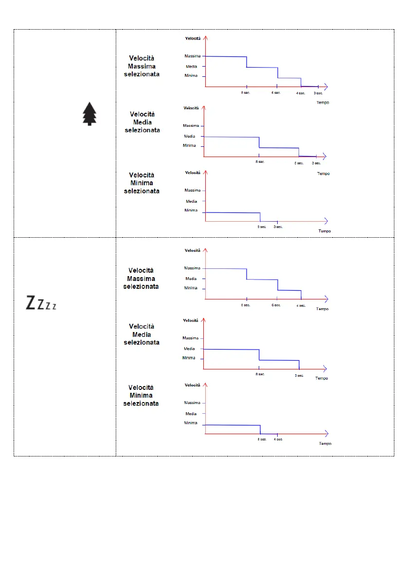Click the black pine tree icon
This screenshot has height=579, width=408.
click(x=89, y=114)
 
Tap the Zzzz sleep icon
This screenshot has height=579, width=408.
click(x=41, y=303)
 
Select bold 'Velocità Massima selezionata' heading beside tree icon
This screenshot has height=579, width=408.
click(x=142, y=66)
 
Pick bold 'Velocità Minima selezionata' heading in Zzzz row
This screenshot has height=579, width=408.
click(x=141, y=395)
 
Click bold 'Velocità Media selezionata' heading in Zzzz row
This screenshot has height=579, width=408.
click(x=141, y=334)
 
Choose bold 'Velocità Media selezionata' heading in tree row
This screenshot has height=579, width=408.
click(x=142, y=122)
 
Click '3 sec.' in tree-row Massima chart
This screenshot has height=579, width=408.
click(x=317, y=93)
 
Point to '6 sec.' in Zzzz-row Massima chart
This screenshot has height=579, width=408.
click(x=276, y=305)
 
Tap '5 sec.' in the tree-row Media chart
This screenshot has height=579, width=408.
click(x=299, y=163)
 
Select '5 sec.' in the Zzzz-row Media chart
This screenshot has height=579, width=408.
click(x=299, y=375)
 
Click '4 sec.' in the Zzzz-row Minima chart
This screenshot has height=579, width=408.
click(x=278, y=439)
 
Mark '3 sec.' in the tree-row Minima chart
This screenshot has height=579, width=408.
click(x=278, y=227)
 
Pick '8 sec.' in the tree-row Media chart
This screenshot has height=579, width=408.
click(x=260, y=161)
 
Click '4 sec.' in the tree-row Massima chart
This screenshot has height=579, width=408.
click(x=301, y=93)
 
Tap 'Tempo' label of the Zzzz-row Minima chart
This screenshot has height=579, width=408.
click(x=325, y=443)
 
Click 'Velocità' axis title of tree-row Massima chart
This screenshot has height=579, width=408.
click(x=193, y=38)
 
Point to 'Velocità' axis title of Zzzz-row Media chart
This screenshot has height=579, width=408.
click(x=191, y=320)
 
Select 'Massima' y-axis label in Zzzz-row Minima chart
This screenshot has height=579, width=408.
click(x=192, y=403)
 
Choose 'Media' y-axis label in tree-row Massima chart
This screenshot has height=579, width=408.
click(x=191, y=67)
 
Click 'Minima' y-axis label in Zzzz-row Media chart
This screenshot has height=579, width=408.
click(x=189, y=358)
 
